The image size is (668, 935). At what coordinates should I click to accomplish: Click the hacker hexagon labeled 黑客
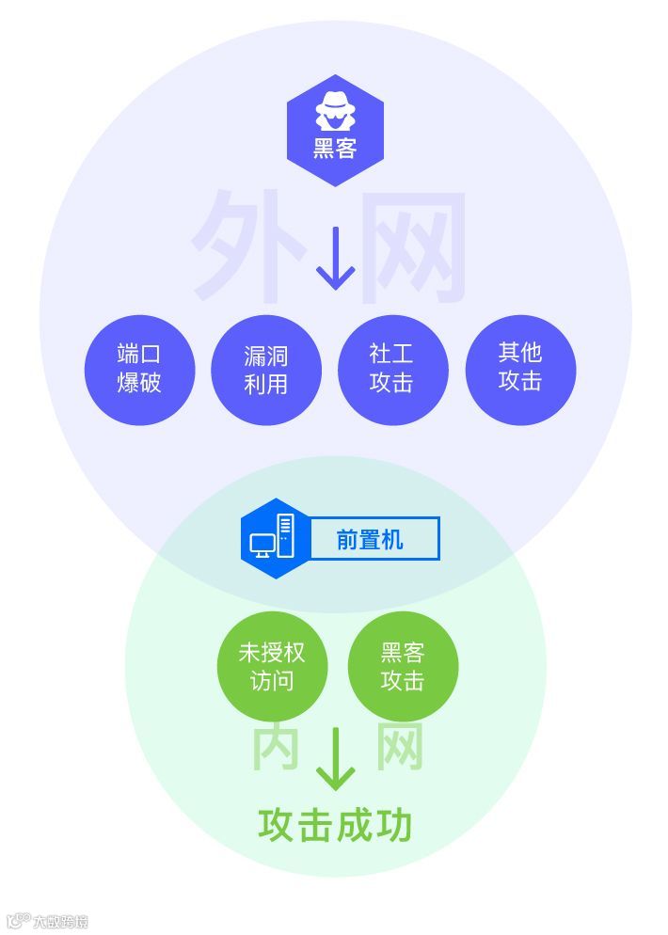tap(335, 131)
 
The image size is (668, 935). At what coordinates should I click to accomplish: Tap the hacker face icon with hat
tap(335, 111)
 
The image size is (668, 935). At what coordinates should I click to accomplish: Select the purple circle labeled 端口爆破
tap(139, 369)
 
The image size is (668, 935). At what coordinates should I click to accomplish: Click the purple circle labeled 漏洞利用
tap(266, 370)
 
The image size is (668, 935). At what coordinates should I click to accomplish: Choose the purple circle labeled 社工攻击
tap(392, 369)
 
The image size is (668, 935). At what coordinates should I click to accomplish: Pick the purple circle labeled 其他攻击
tap(520, 368)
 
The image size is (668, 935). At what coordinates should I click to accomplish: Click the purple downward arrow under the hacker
tap(335, 258)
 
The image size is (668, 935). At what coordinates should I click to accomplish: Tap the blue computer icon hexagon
tap(273, 538)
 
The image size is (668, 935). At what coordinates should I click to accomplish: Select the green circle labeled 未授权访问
tap(272, 666)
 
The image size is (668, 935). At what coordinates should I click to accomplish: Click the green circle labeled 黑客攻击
tap(403, 666)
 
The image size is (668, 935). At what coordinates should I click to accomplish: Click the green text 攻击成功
tap(335, 825)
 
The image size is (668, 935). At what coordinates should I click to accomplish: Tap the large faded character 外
tap(249, 246)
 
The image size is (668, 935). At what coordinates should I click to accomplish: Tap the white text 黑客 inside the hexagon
tap(335, 148)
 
